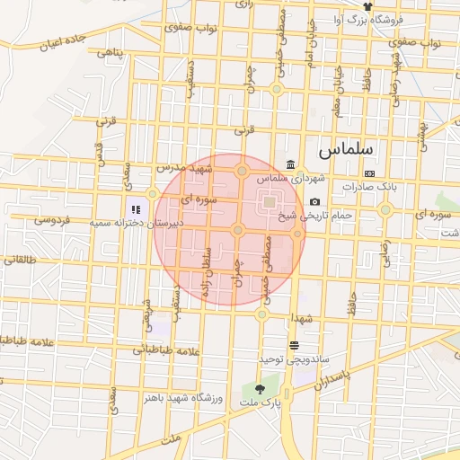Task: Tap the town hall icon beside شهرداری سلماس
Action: coord(290,164)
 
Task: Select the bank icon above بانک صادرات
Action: coord(368,173)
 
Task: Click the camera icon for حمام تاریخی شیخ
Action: coord(314,202)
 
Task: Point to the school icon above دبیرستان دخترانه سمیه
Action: coord(136,186)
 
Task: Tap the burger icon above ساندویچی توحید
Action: coord(294,345)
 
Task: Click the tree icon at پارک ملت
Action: coord(260,389)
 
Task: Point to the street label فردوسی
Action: coord(53,218)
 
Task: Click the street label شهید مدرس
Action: coord(183,167)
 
